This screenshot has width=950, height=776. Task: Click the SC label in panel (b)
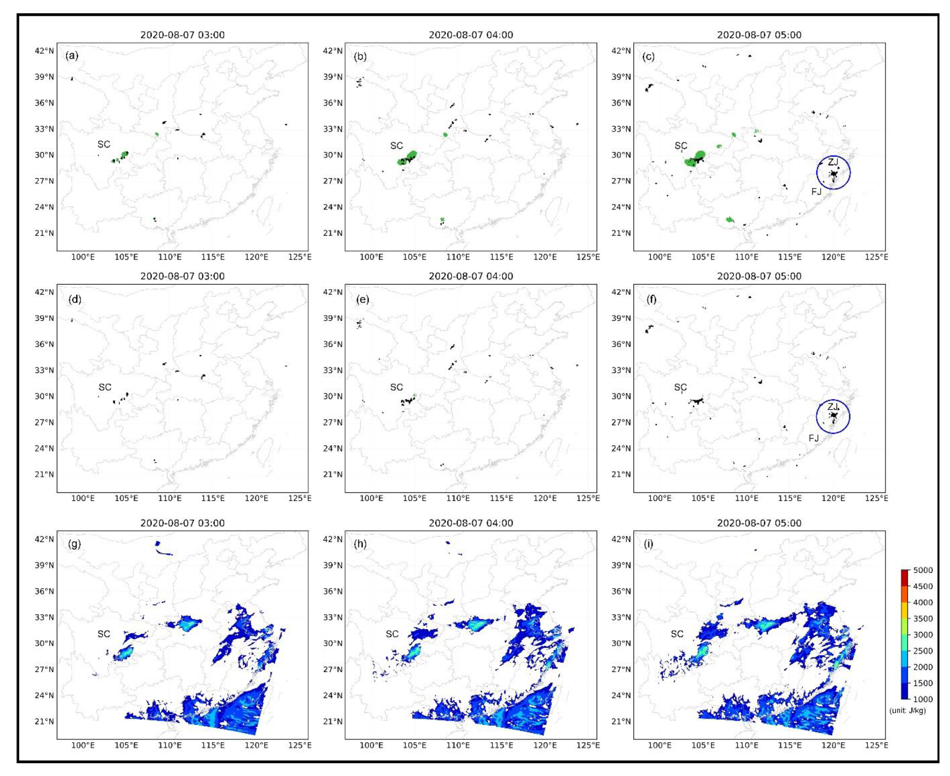(396, 146)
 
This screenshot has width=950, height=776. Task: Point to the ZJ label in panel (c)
(833, 162)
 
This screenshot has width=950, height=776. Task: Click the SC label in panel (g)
(104, 634)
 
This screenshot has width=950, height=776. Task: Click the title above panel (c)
(759, 35)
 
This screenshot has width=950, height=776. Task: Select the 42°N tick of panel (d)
(45, 292)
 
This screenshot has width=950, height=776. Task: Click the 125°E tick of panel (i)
(876, 745)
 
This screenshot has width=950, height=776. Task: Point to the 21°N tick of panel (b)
(333, 233)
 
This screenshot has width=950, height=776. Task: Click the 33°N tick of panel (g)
(45, 617)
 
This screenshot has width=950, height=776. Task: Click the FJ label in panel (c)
(816, 192)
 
